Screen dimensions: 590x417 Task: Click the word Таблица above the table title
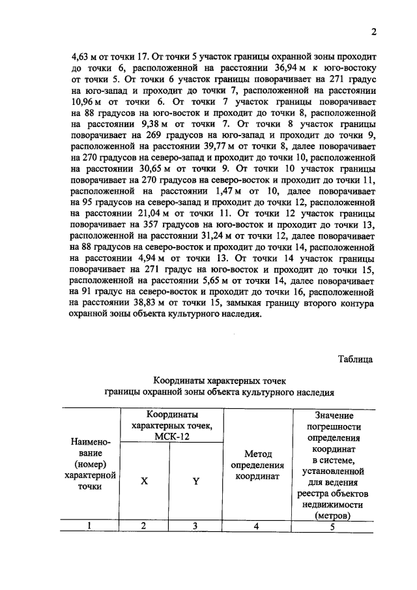click(x=356, y=358)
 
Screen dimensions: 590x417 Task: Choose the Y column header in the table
click(x=195, y=482)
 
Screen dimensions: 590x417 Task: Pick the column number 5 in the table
click(x=332, y=527)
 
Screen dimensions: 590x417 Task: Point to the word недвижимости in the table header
click(x=332, y=505)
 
